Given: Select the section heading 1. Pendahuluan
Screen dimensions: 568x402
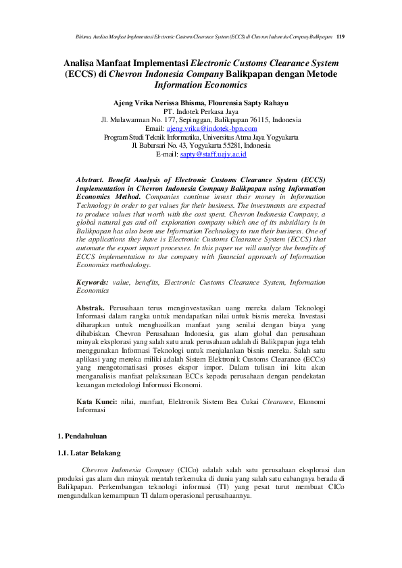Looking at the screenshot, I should tap(82, 436).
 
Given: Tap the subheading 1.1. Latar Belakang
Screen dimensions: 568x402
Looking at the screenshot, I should tap(90, 453).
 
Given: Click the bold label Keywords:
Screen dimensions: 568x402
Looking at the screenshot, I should tap(93, 283).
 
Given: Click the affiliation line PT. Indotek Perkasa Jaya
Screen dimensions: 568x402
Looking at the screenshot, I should tap(201, 111).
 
